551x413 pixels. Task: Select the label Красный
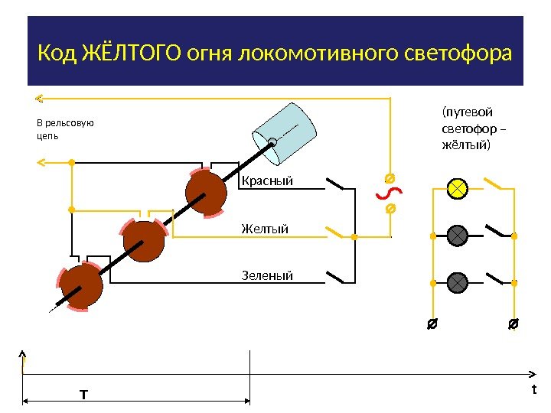click(x=267, y=181)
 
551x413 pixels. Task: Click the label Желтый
click(x=265, y=228)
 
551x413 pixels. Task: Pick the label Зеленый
click(x=267, y=275)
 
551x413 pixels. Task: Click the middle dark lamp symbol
click(x=457, y=236)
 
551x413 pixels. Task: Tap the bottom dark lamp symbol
click(x=457, y=282)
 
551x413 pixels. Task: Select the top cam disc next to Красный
click(x=206, y=193)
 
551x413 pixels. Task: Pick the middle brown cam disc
click(x=144, y=241)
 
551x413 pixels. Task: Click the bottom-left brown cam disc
click(x=82, y=287)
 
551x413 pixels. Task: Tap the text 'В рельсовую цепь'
click(x=64, y=128)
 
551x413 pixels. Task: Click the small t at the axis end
click(x=534, y=389)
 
